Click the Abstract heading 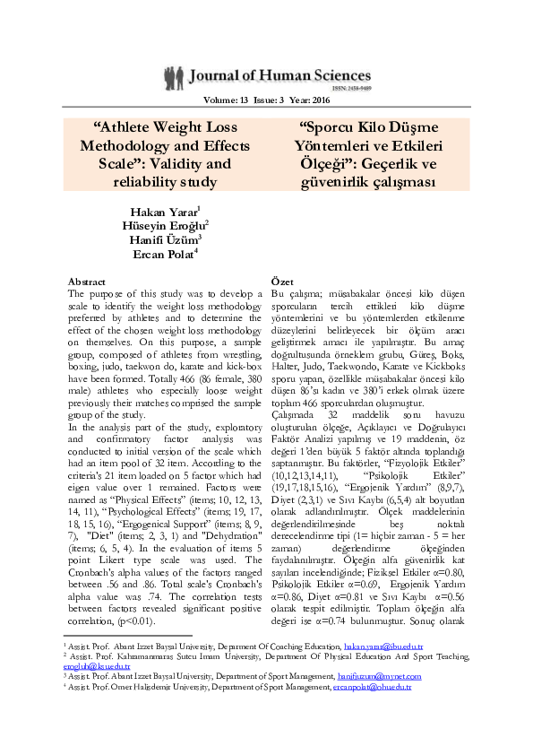click(x=87, y=281)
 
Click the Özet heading click(x=283, y=281)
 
